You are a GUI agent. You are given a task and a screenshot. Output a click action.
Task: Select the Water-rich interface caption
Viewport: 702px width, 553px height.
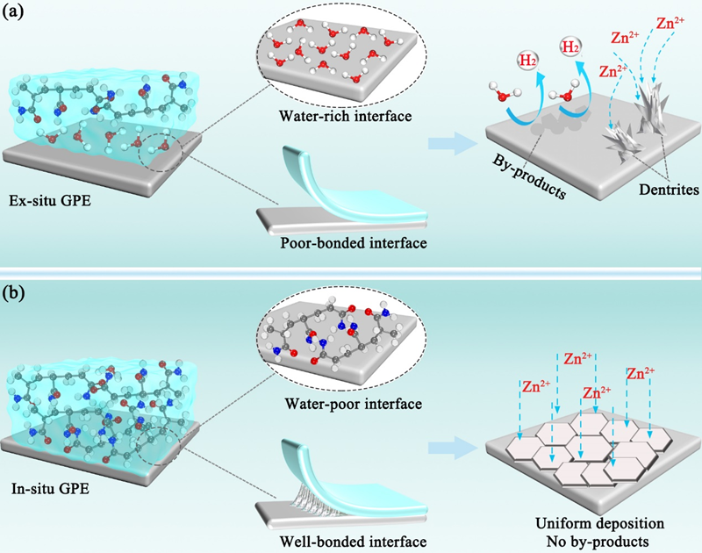tap(335, 115)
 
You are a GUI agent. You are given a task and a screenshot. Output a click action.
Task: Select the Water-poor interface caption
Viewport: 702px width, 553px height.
tap(336, 406)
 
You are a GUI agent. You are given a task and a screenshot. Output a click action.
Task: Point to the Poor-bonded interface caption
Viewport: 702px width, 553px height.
tap(335, 243)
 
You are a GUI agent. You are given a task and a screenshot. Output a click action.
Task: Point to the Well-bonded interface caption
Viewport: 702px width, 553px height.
tap(335, 535)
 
